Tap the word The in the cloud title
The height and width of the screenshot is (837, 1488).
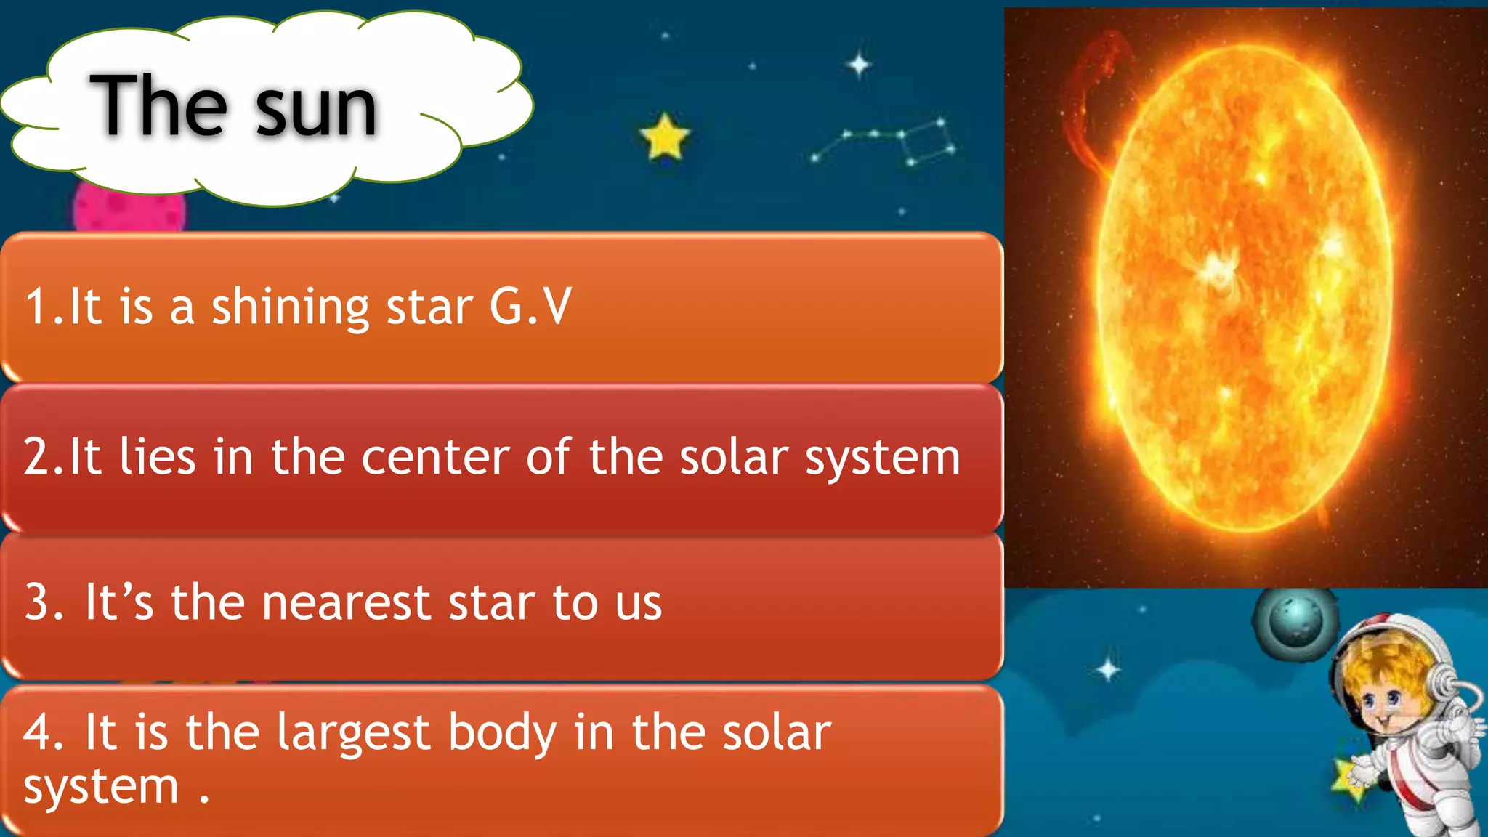click(158, 105)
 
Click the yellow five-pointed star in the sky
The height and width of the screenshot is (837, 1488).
click(664, 137)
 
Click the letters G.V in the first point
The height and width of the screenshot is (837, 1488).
click(530, 306)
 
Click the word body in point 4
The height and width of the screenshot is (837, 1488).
click(502, 734)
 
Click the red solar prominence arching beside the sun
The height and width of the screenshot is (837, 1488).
click(1090, 94)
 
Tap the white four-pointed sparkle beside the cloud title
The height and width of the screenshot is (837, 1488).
click(859, 65)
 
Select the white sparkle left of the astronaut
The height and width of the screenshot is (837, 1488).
click(1108, 669)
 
